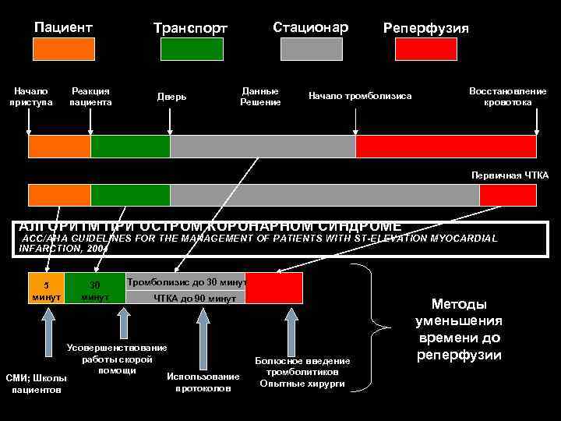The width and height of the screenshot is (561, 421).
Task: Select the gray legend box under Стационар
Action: point(310,49)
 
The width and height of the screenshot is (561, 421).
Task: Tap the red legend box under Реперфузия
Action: point(425,49)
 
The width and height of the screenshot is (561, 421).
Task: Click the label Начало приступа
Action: point(31,97)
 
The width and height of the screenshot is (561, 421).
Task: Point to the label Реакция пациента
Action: point(90,97)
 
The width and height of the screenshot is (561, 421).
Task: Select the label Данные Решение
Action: point(260,97)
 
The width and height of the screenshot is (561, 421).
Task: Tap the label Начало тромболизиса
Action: point(360,96)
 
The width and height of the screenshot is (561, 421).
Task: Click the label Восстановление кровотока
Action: point(507,97)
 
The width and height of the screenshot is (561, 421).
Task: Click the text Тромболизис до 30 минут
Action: point(186,282)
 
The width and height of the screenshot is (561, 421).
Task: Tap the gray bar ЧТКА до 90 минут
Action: point(195,298)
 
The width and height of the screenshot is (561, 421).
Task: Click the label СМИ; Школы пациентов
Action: point(36,384)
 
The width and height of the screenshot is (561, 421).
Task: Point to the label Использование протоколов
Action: point(203,382)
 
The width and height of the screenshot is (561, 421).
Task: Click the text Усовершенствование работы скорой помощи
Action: point(118,358)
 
